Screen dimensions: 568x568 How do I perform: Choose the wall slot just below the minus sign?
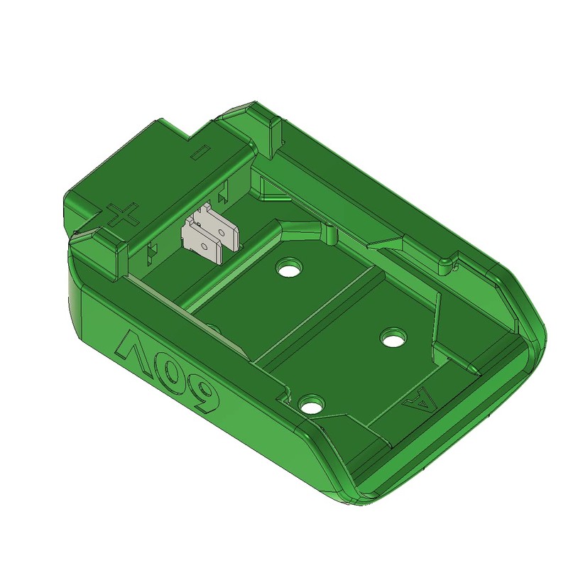point(225,192)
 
